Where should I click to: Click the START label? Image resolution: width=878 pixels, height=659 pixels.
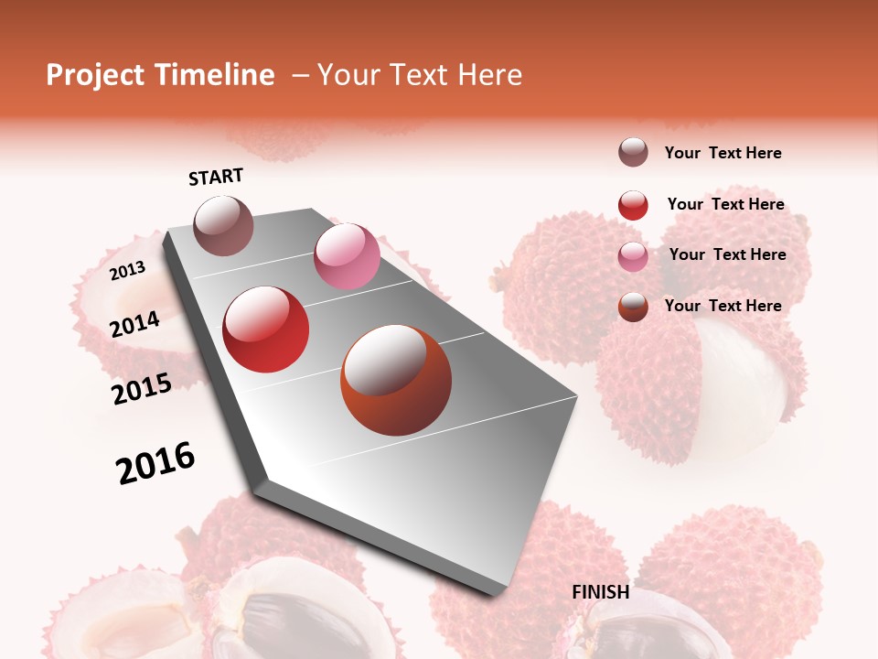[216, 177]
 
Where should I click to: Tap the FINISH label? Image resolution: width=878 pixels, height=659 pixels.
[601, 592]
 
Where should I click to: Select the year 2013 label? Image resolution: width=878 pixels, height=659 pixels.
[128, 271]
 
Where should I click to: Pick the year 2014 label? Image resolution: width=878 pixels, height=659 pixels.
[135, 324]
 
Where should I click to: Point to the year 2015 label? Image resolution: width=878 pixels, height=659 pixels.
[142, 389]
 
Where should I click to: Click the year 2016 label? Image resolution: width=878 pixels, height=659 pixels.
[156, 463]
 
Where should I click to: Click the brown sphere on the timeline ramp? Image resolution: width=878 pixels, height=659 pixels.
[223, 225]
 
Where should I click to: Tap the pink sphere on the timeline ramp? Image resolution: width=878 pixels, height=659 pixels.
[347, 256]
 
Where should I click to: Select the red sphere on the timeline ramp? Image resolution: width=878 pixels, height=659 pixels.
[266, 329]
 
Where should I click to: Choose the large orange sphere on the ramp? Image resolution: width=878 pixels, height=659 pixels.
[396, 380]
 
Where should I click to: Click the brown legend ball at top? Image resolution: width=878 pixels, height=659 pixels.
[633, 153]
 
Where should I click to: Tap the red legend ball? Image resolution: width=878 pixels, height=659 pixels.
[633, 205]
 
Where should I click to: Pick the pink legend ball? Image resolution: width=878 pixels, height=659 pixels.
[633, 256]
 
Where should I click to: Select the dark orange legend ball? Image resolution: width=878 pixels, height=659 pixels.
[633, 307]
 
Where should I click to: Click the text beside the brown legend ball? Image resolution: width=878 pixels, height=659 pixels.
[723, 153]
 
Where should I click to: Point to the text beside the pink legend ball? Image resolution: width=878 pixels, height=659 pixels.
[727, 254]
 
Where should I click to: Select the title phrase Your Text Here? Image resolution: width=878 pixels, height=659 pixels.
[420, 75]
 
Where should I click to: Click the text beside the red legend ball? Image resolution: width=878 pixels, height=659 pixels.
[725, 204]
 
